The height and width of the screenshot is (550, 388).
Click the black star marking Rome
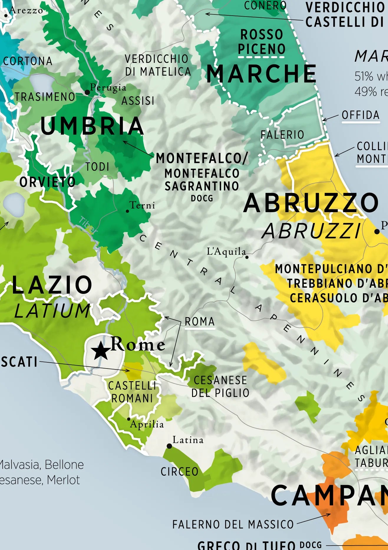click(100, 351)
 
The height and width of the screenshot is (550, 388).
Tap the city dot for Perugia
click(87, 92)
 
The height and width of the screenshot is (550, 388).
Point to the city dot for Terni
click(127, 211)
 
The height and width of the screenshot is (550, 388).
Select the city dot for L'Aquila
click(247, 257)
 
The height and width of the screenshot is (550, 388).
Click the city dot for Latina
click(169, 446)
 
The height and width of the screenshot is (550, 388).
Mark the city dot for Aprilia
click(129, 419)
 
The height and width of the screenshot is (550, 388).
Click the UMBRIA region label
click(92, 126)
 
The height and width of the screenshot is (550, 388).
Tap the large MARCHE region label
click(261, 74)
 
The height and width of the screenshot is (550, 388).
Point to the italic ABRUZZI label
click(311, 231)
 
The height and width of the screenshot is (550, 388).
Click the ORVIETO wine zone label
click(47, 182)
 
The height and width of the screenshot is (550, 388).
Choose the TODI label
click(97, 167)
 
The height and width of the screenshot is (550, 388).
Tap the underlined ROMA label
click(199, 322)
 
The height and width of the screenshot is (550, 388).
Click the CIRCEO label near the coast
click(179, 472)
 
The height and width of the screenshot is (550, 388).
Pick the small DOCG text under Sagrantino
click(202, 199)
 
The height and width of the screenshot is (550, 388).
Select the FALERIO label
click(282, 135)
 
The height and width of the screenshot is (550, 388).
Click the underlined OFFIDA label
click(361, 115)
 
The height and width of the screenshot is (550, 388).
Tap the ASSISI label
click(138, 101)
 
